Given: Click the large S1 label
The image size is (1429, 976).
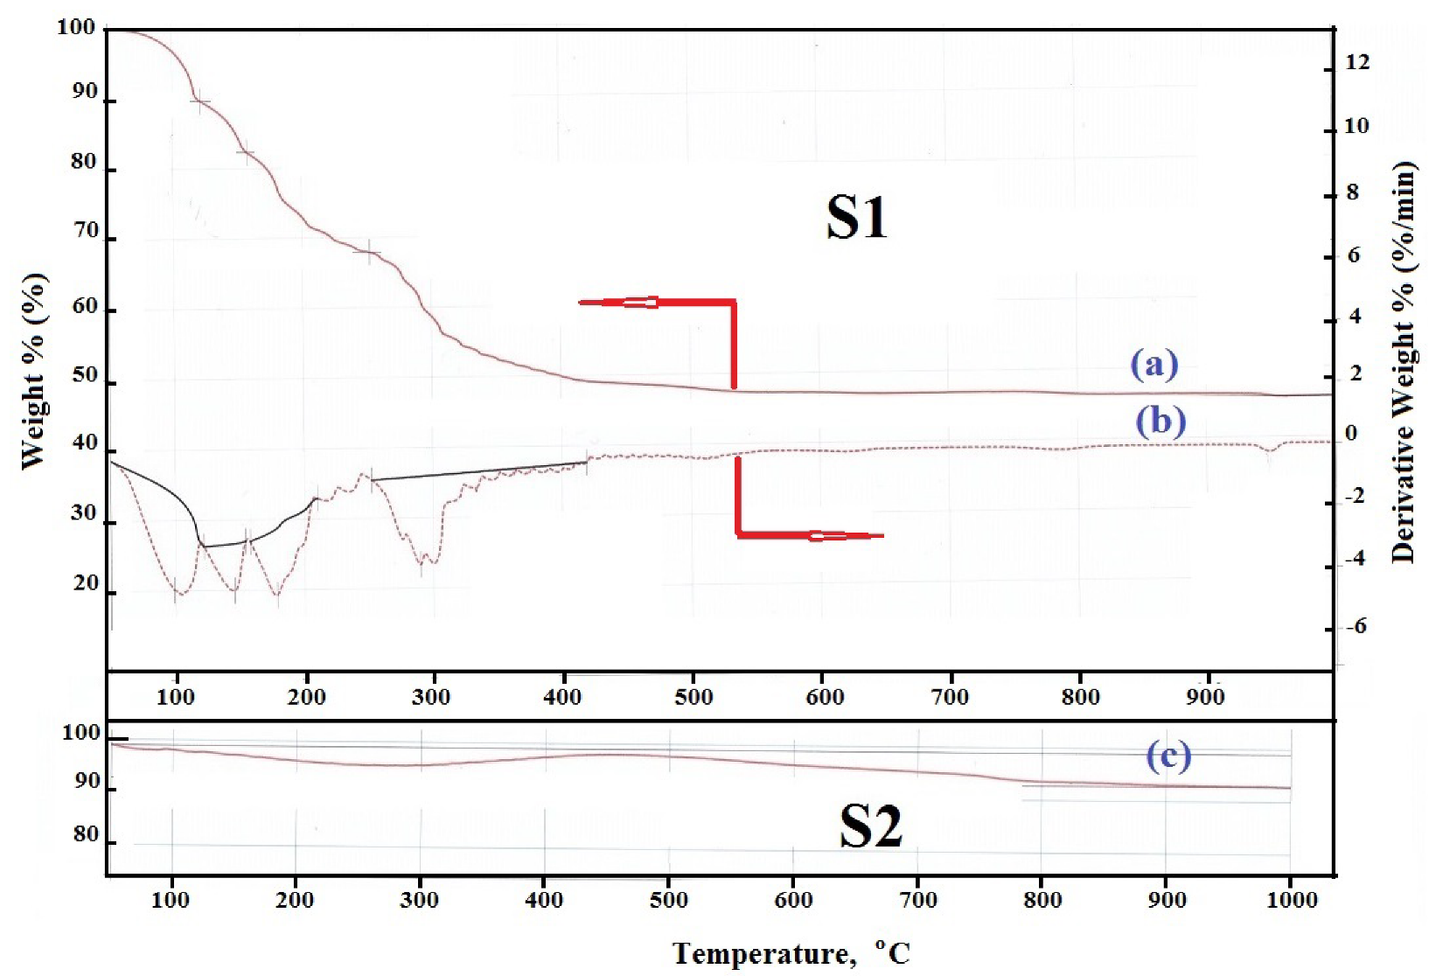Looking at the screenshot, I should pyautogui.click(x=856, y=218).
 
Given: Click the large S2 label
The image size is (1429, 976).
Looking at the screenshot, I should pyautogui.click(x=870, y=826).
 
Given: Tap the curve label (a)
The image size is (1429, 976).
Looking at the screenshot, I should pyautogui.click(x=1154, y=363).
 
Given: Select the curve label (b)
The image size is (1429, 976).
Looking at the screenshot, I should pyautogui.click(x=1160, y=421).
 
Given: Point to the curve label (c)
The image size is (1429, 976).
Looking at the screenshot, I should pyautogui.click(x=1168, y=756).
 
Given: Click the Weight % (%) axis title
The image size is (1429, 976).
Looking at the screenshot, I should pyautogui.click(x=33, y=372).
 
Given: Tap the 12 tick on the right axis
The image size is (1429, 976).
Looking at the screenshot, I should pyautogui.click(x=1357, y=62).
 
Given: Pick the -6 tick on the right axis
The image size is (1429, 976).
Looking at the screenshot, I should pyautogui.click(x=1355, y=626).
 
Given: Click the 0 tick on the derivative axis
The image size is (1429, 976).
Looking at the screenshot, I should pyautogui.click(x=1351, y=433).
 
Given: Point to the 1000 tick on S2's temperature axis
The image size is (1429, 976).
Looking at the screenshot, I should pyautogui.click(x=1292, y=899).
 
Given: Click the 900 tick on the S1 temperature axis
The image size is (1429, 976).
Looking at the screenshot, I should pyautogui.click(x=1205, y=697).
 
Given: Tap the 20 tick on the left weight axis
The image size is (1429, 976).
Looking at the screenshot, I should pyautogui.click(x=86, y=583).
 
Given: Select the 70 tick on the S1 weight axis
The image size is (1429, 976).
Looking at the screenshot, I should pyautogui.click(x=86, y=231).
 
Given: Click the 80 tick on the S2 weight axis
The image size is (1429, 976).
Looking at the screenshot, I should pyautogui.click(x=86, y=834).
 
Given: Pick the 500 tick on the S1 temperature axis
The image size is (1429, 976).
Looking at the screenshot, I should pyautogui.click(x=694, y=697).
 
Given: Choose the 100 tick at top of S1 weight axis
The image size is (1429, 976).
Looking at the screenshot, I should pyautogui.click(x=76, y=27).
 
